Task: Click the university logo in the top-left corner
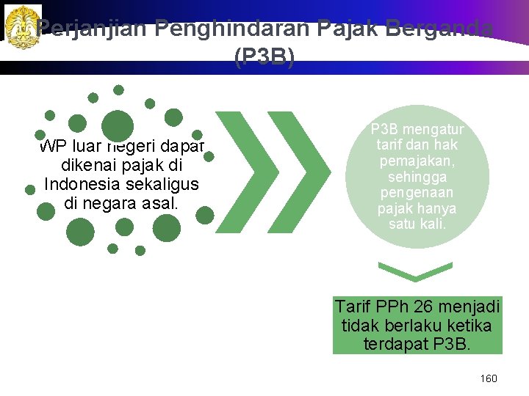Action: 22,26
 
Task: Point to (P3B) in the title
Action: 264,57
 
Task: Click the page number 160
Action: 488,378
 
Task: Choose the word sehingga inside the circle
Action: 416,177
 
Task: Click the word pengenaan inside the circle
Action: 416,193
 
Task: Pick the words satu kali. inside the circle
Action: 416,224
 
